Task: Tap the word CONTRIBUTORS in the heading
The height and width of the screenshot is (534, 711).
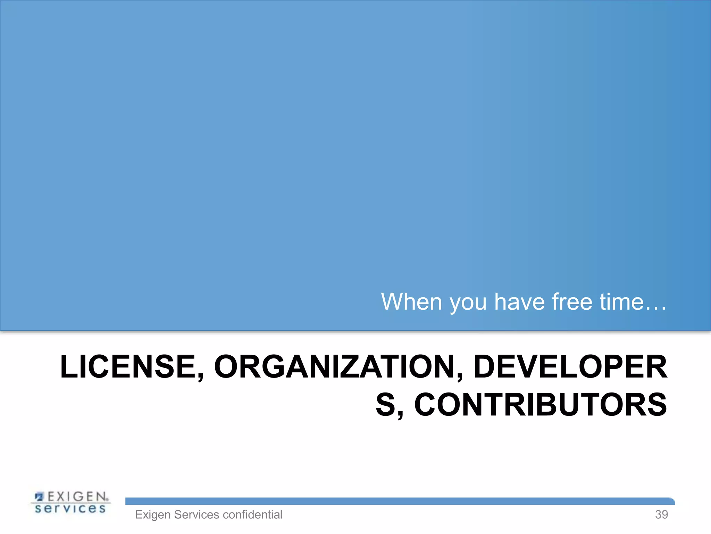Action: [540, 405]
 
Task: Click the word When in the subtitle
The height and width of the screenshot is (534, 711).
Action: [412, 302]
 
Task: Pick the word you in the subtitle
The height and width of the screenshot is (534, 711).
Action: [468, 302]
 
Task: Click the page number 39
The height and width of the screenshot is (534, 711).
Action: [661, 515]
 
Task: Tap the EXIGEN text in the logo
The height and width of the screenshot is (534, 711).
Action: [77, 496]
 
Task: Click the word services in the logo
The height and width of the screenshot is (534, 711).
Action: [70, 509]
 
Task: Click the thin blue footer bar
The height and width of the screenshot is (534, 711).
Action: [399, 501]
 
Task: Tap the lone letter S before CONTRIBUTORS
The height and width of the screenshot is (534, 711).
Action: [386, 405]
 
